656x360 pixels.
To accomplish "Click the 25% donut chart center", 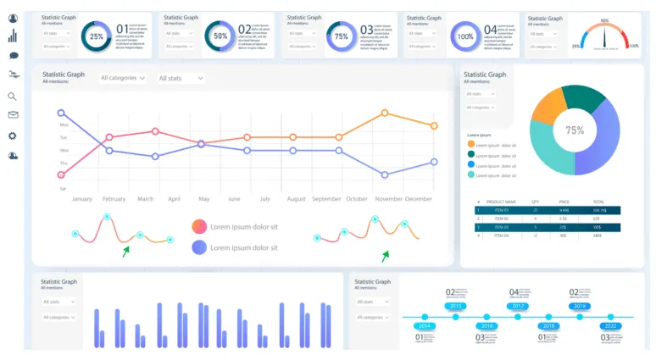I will coord(97,36).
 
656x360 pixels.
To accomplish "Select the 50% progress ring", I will coord(220,36).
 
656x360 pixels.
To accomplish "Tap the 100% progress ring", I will coord(465,36).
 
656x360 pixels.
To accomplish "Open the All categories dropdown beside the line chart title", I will coord(123,78).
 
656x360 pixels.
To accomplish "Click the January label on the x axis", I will coord(81,199).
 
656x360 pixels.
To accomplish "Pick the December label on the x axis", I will coord(419,199).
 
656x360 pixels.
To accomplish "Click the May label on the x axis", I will coord(203,199).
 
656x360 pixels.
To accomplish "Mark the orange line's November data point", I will coord(385,113).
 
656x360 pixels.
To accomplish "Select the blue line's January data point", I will coord(61,113).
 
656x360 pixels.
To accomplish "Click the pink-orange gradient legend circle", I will coord(199,226).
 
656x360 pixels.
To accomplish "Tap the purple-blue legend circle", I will coord(199,247).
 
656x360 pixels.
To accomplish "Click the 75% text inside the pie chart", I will coord(575,130).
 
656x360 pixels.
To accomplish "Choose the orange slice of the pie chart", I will coord(548,108).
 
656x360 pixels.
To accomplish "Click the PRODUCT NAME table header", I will coord(502,202).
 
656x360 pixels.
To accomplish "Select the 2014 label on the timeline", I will coord(425,325).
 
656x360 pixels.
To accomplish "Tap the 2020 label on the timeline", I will coord(609,325).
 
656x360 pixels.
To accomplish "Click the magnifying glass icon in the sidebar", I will coord(13,97).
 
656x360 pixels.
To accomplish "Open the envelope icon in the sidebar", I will coord(13,115).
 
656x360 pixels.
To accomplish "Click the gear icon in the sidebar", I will coord(13,136).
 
